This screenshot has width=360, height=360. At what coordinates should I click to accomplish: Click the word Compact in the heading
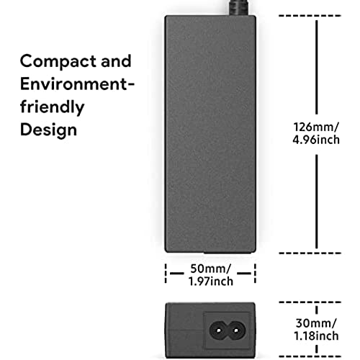pyautogui.click(x=58, y=62)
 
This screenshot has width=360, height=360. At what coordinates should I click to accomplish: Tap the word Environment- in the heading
pyautogui.click(x=77, y=84)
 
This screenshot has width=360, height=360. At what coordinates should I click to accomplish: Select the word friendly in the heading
pyautogui.click(x=52, y=107)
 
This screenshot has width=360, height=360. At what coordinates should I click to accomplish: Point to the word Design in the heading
pyautogui.click(x=48, y=130)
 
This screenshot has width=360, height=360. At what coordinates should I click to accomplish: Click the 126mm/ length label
pyautogui.click(x=316, y=127)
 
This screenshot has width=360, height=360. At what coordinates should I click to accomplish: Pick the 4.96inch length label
pyautogui.click(x=316, y=140)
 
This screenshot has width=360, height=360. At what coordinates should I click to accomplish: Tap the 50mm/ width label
pyautogui.click(x=210, y=269)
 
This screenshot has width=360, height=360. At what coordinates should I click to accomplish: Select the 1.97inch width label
pyautogui.click(x=210, y=281)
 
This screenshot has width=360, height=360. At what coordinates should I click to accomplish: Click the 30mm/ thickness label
pyautogui.click(x=316, y=323)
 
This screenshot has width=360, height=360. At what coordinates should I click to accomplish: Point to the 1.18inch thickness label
pyautogui.click(x=316, y=336)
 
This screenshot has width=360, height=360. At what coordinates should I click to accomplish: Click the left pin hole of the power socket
pyautogui.click(x=218, y=330)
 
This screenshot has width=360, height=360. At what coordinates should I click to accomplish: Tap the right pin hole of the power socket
pyautogui.click(x=236, y=330)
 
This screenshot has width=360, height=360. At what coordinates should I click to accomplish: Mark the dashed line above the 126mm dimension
pyautogui.click(x=310, y=16)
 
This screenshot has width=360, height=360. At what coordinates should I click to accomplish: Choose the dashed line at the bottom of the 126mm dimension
pyautogui.click(x=310, y=253)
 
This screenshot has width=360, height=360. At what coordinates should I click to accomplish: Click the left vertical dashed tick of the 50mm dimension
pyautogui.click(x=166, y=274)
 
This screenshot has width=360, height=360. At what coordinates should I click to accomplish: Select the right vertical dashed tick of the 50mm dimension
pyautogui.click(x=255, y=274)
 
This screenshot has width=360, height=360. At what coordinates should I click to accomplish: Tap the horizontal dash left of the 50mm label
pyautogui.click(x=177, y=273)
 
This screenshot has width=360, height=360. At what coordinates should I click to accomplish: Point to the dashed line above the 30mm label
pyautogui.click(x=310, y=302)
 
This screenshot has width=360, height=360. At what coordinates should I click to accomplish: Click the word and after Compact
pyautogui.click(x=116, y=61)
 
